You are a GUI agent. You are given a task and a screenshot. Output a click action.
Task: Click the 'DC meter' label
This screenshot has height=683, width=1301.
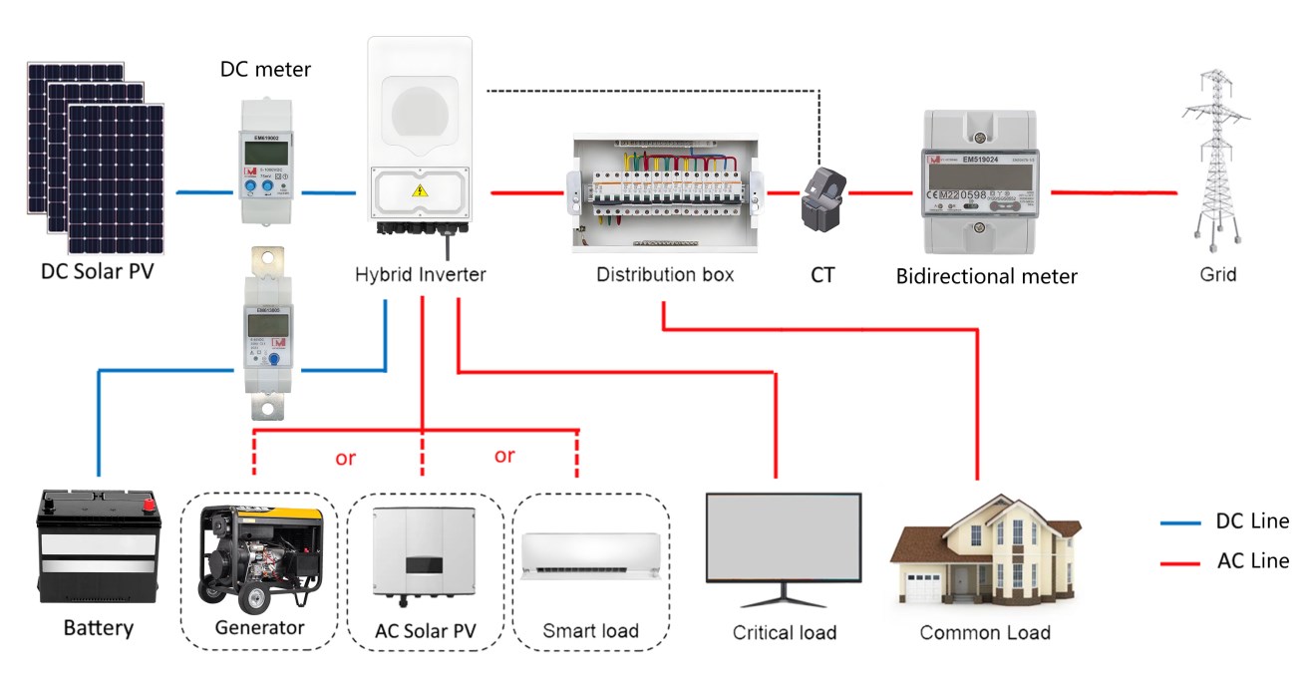(x=265, y=70)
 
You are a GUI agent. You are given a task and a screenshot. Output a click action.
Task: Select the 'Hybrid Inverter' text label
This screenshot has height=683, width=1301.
(x=421, y=274)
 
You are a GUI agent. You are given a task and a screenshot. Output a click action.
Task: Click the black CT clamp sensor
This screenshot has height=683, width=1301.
(x=822, y=193)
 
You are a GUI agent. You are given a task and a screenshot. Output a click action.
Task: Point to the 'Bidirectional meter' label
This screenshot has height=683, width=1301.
(x=986, y=276)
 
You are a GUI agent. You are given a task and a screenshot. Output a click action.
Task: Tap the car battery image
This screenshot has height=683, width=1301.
(x=98, y=545)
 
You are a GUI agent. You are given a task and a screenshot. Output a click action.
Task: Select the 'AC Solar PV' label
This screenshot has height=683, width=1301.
(x=421, y=630)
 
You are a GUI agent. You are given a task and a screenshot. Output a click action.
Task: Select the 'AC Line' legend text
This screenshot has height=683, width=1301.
(x=1252, y=560)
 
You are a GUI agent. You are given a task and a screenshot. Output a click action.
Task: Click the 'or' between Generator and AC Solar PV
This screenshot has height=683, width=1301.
(x=345, y=460)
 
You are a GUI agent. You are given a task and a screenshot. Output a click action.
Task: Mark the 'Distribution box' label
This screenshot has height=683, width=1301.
(x=665, y=274)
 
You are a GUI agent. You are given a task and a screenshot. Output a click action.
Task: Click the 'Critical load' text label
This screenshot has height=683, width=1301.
(x=784, y=632)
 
